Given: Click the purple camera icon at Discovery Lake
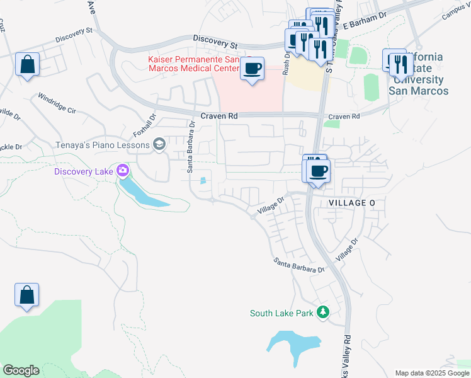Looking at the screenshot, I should point(123,171).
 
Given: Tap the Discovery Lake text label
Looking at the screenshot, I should point(84,171).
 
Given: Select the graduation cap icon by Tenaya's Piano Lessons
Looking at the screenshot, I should point(159,145).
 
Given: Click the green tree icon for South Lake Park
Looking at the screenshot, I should point(322,312).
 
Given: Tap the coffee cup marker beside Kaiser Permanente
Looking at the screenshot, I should point(252,69).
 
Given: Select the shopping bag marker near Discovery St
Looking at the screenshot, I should point(28,64).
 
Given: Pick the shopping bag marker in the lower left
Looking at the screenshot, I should point(27,295).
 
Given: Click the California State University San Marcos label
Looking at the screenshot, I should point(419,74).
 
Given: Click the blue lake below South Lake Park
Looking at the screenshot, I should point(293,344).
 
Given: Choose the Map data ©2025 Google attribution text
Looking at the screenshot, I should point(431,372).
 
